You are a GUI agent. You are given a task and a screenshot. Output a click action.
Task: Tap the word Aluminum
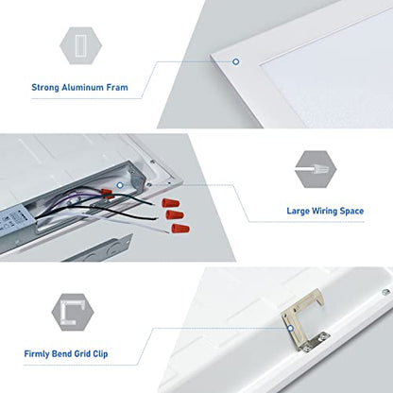[83, 87]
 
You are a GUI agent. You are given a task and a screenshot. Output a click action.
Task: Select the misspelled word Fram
[117, 87]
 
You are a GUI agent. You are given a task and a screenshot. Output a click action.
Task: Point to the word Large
[298, 211]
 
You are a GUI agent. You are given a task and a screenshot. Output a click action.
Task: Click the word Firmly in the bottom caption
[37, 354]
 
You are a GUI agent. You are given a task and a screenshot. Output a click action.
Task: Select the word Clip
[100, 354]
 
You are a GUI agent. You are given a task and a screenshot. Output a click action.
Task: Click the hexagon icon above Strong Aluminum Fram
[80, 45]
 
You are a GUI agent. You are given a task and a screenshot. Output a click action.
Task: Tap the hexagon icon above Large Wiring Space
[316, 169]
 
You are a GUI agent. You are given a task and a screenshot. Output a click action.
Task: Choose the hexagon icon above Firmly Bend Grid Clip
[73, 312]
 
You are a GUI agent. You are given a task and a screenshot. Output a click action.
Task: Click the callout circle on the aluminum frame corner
[235, 61]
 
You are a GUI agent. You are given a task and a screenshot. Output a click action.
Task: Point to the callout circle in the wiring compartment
[120, 185]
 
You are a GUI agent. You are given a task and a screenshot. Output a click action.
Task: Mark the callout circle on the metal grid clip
[291, 329]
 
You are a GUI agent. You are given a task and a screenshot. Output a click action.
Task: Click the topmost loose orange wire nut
[171, 203]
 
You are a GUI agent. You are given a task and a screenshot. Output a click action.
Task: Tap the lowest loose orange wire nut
[180, 229]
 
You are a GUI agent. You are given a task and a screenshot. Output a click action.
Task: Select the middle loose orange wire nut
[175, 215]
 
